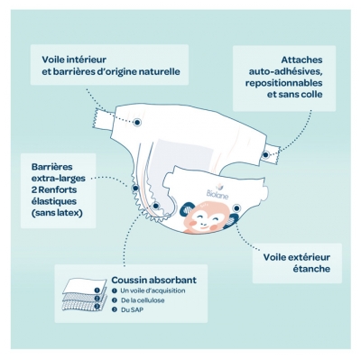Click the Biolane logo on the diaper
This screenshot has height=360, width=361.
tap(218, 192)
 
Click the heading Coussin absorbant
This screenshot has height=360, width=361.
tap(153, 280)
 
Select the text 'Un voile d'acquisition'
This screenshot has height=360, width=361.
tap(153, 291)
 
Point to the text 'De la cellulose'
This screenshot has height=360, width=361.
tap(143, 300)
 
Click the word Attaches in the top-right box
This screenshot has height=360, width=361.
tap(301, 60)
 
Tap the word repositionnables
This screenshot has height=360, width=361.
tap(283, 83)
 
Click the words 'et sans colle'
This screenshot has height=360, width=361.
tap(295, 94)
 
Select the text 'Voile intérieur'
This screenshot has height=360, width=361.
tap(74, 60)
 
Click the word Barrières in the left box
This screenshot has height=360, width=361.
tap(51, 167)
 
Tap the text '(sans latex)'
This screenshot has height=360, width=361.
tap(57, 213)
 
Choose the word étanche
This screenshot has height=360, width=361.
tap(311, 269)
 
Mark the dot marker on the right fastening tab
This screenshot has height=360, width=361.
tap(265, 155)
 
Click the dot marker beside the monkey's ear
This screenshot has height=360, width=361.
tap(236, 208)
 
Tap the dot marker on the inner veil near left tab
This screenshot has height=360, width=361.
tap(137, 122)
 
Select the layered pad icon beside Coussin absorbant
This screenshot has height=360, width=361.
tap(85, 295)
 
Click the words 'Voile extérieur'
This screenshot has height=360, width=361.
tap(297, 257)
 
